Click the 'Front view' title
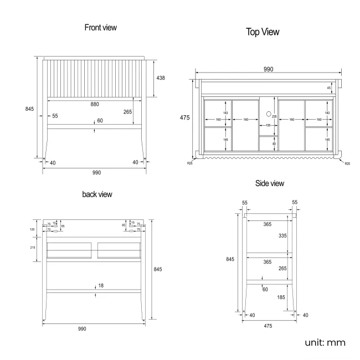[x=100, y=27]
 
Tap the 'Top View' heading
[x=263, y=32]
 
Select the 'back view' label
[x=97, y=194]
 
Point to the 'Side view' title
[x=269, y=183]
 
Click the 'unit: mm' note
[x=325, y=342]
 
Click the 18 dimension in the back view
[x=100, y=286]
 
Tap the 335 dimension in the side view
[x=282, y=235]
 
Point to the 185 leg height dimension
[x=282, y=298]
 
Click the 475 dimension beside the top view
[x=184, y=117]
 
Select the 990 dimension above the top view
[x=268, y=69]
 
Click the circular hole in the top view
[x=269, y=115]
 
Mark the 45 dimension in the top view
[x=328, y=88]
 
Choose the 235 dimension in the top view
[x=275, y=117]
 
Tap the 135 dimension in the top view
[x=268, y=126]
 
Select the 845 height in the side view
[x=232, y=259]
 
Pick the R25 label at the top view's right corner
[x=347, y=163]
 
